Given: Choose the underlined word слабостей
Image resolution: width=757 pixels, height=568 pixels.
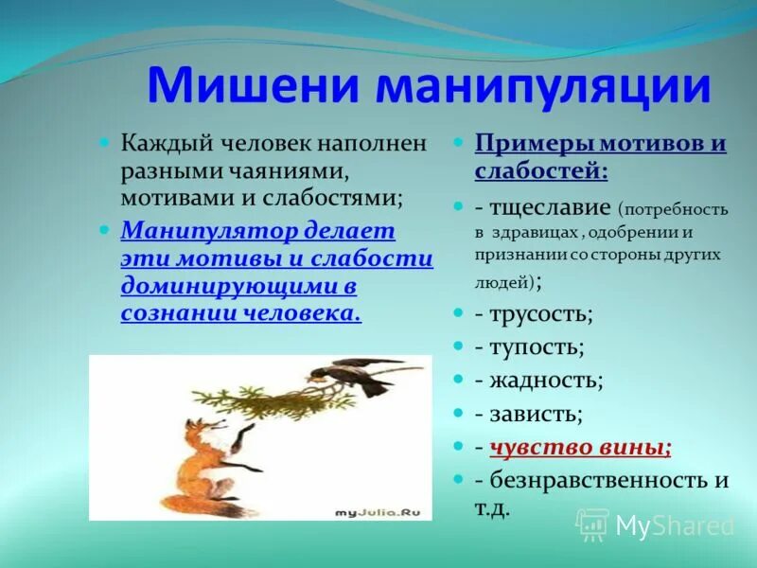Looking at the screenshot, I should pyautogui.click(x=537, y=171).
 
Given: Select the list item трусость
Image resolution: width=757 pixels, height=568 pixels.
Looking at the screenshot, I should pyautogui.click(x=534, y=314).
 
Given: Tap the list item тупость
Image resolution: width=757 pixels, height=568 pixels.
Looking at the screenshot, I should pyautogui.click(x=530, y=347).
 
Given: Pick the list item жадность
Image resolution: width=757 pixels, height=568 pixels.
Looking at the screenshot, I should pyautogui.click(x=539, y=381).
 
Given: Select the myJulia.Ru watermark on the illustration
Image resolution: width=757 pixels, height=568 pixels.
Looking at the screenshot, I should pyautogui.click(x=378, y=511).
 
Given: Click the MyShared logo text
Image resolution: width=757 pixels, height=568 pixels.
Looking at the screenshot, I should pyautogui.click(x=674, y=525).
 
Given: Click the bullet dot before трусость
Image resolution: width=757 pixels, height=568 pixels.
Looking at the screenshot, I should pyautogui.click(x=458, y=312).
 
